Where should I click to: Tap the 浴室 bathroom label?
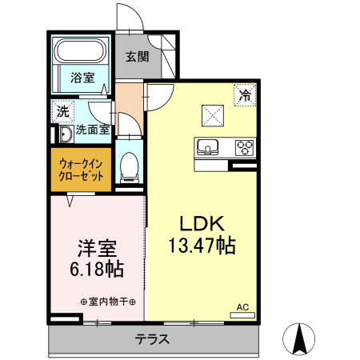point(81,78)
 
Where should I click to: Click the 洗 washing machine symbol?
point(61,110)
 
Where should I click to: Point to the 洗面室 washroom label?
point(92,130)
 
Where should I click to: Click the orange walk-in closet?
point(81,169)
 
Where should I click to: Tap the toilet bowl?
point(128,167)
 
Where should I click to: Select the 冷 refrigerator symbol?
point(243,95)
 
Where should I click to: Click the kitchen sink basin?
point(207,147)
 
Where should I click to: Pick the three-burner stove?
point(243,147)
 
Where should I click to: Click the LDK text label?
point(200,224)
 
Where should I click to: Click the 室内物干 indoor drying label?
point(108,302)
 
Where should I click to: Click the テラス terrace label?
point(152,339)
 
